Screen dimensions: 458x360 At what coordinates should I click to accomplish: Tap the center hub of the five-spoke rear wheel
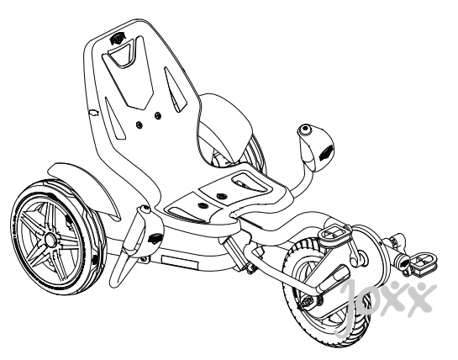tap(50, 240)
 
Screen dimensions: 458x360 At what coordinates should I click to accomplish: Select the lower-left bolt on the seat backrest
tap(140, 125)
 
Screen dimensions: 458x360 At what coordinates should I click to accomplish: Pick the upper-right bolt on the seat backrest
tap(158, 115)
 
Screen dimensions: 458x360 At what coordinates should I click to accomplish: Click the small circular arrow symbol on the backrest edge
tap(94, 114)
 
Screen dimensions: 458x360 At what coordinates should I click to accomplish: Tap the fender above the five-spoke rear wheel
tap(85, 188)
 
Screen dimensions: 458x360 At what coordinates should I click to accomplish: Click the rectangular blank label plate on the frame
tap(179, 262)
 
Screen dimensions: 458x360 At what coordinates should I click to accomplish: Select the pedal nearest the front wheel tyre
tap(334, 234)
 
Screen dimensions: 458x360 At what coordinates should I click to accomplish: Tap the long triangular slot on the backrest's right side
tap(175, 89)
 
